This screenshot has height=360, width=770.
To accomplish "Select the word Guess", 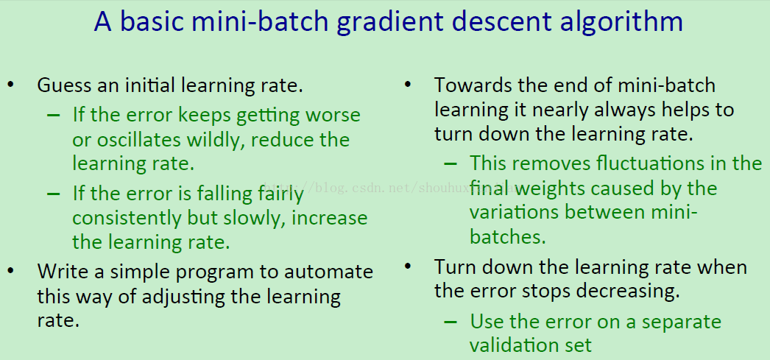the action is pos(63,85).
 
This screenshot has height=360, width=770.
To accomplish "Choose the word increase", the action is pos(330,218).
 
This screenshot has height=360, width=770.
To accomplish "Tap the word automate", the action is pos(334,272).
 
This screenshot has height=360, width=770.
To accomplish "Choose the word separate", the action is pos(682,322).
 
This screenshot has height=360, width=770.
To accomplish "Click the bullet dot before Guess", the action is pos(11,85).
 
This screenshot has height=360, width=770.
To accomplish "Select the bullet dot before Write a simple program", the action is pos(11,271).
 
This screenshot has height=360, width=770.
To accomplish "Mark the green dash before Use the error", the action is pos(450,322).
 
